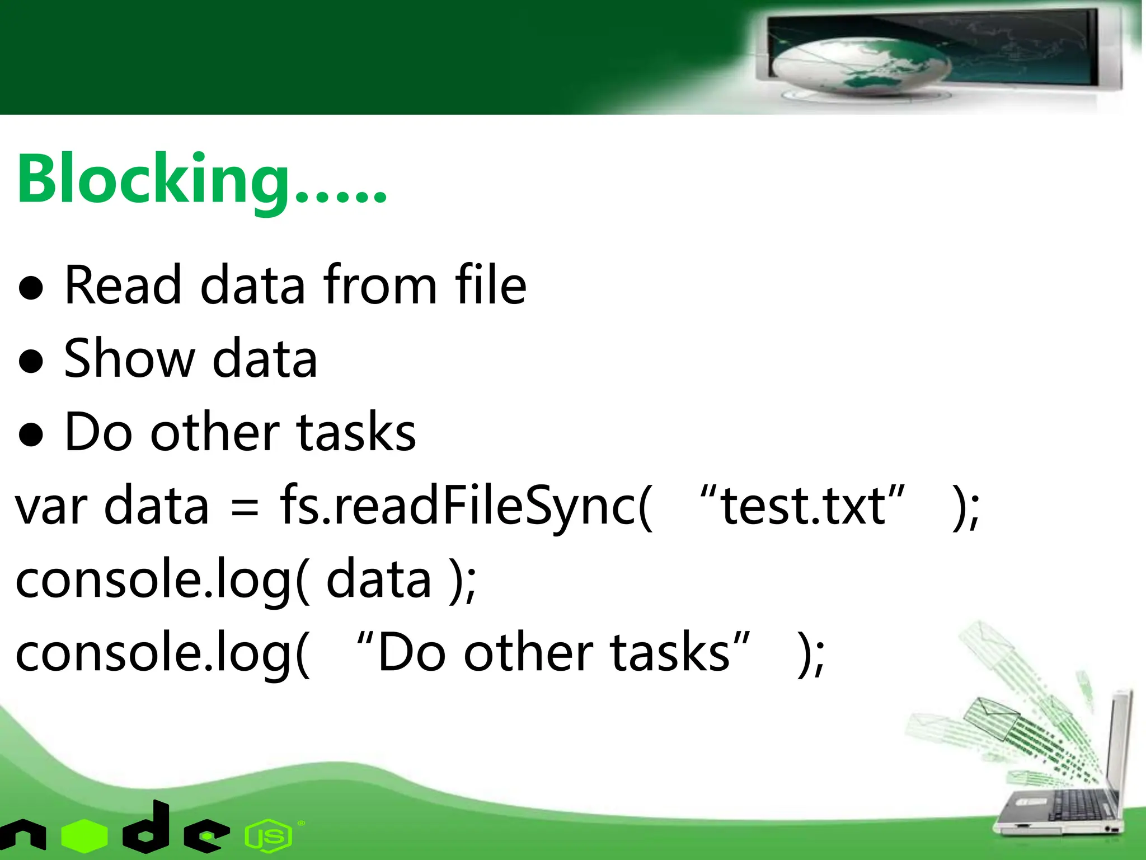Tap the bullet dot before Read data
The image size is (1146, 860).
click(x=31, y=288)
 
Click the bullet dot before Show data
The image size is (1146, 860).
click(x=31, y=361)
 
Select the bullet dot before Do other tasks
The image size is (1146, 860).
click(x=31, y=434)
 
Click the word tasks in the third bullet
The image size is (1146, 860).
click(x=356, y=432)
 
